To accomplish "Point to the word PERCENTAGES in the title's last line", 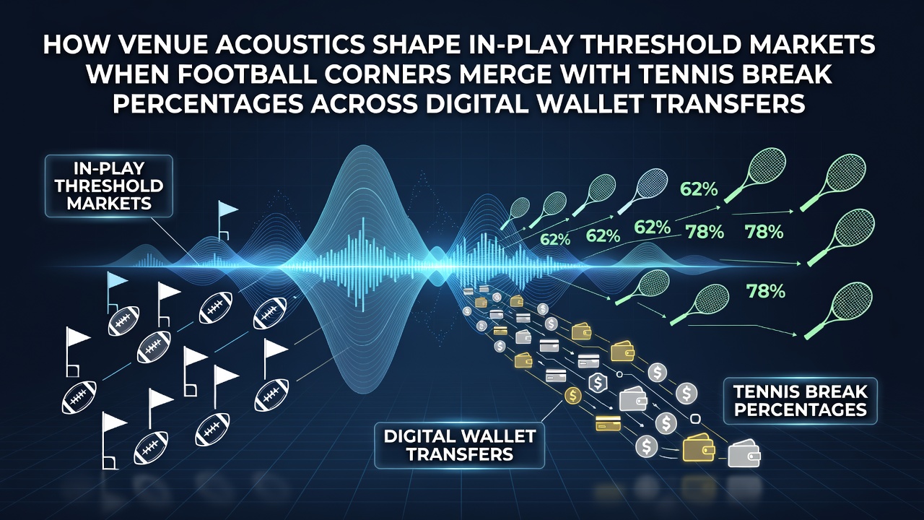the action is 209,103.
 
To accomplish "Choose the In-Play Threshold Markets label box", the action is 109,186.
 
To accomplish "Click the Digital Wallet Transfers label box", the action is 460,445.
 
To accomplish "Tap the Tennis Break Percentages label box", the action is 801,401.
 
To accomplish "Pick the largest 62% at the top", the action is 698,189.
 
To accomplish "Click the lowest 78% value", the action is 766,292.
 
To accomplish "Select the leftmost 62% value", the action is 555,239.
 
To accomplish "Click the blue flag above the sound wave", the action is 227,220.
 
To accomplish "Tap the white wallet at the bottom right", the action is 744,454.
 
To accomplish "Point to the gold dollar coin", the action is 573,396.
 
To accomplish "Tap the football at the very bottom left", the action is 151,448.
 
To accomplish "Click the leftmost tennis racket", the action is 515,213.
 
